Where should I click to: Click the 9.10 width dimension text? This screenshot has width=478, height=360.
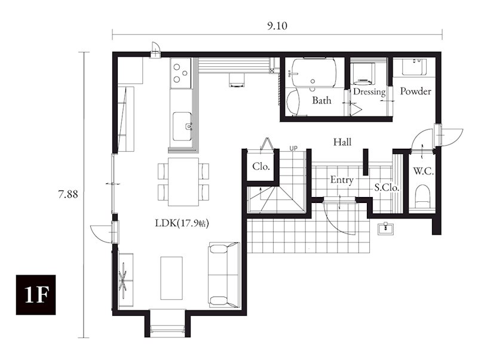point(277,26)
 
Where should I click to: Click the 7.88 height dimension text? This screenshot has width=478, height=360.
point(68,194)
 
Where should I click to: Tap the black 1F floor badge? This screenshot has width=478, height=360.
point(36,294)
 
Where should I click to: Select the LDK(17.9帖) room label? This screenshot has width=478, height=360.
point(182,223)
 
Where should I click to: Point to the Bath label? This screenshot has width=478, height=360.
point(321,100)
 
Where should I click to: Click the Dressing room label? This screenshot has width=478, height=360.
point(369,92)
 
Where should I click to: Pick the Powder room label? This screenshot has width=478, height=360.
point(415,91)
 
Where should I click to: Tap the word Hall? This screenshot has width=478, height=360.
point(342,142)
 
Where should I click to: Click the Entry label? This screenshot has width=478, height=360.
point(342,180)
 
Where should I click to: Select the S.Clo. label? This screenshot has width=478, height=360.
point(387,187)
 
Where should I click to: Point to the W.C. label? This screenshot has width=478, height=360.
point(424,171)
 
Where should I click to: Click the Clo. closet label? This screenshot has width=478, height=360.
point(261,167)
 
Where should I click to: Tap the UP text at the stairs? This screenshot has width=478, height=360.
point(293,148)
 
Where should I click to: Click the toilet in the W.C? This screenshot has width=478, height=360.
point(422,196)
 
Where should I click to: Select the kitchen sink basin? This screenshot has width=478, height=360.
point(182,127)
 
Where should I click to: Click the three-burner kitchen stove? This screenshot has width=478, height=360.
point(181,73)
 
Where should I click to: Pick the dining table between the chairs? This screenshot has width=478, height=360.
point(183,181)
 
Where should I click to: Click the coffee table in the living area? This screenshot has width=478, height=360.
point(171,278)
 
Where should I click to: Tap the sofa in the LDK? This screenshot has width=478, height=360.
point(224,275)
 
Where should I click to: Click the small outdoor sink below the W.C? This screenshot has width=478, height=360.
point(385,229)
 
